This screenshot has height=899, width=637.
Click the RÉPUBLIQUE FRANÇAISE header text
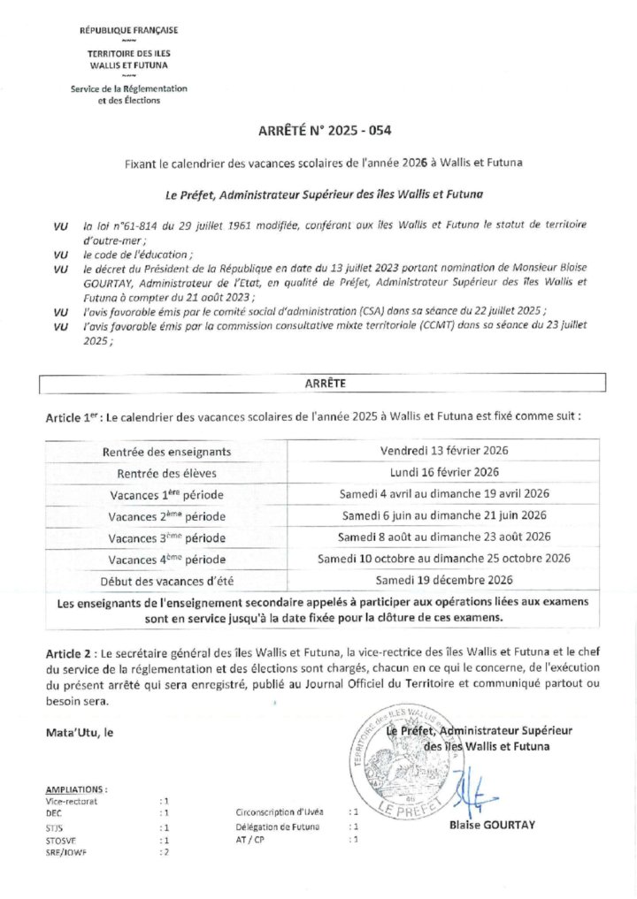point(129,30)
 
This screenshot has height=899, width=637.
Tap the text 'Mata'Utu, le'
point(80,732)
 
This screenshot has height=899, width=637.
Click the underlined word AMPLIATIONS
point(76,789)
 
